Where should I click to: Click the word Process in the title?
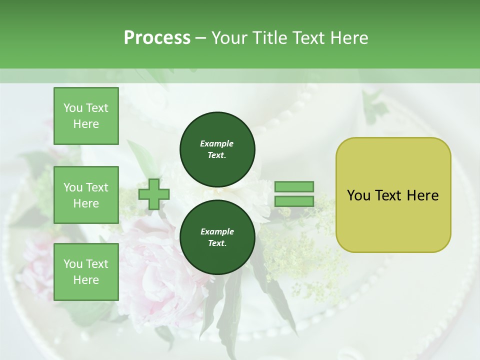click(x=157, y=38)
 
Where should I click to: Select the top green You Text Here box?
click(x=86, y=116)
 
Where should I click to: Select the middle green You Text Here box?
click(x=86, y=195)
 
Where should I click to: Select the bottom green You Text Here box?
click(x=86, y=271)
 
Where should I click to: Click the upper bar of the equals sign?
click(x=294, y=187)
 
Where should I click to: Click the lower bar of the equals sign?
click(x=294, y=201)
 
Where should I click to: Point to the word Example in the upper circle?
click(x=217, y=143)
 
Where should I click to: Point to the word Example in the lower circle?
click(x=217, y=231)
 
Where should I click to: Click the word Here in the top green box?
click(x=86, y=124)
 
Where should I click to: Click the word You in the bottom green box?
click(x=73, y=264)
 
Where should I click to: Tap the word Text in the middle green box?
click(x=97, y=187)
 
